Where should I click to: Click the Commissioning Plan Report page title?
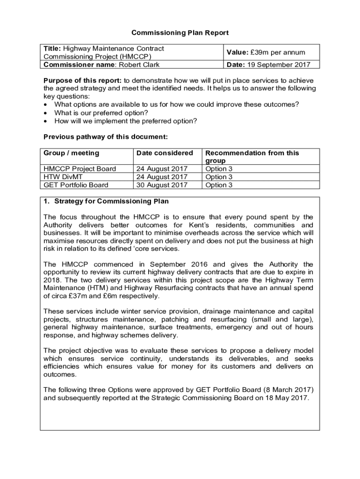tap(180, 33)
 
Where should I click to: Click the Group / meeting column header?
tap(71, 153)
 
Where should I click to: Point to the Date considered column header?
tap(165, 153)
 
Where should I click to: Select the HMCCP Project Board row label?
tap(79, 169)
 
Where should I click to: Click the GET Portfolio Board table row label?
tap(76, 185)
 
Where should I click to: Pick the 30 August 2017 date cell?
tap(162, 185)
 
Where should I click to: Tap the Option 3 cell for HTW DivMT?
tap(219, 177)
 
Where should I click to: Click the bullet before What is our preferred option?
tap(45, 113)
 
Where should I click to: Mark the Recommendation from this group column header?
tap(252, 157)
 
